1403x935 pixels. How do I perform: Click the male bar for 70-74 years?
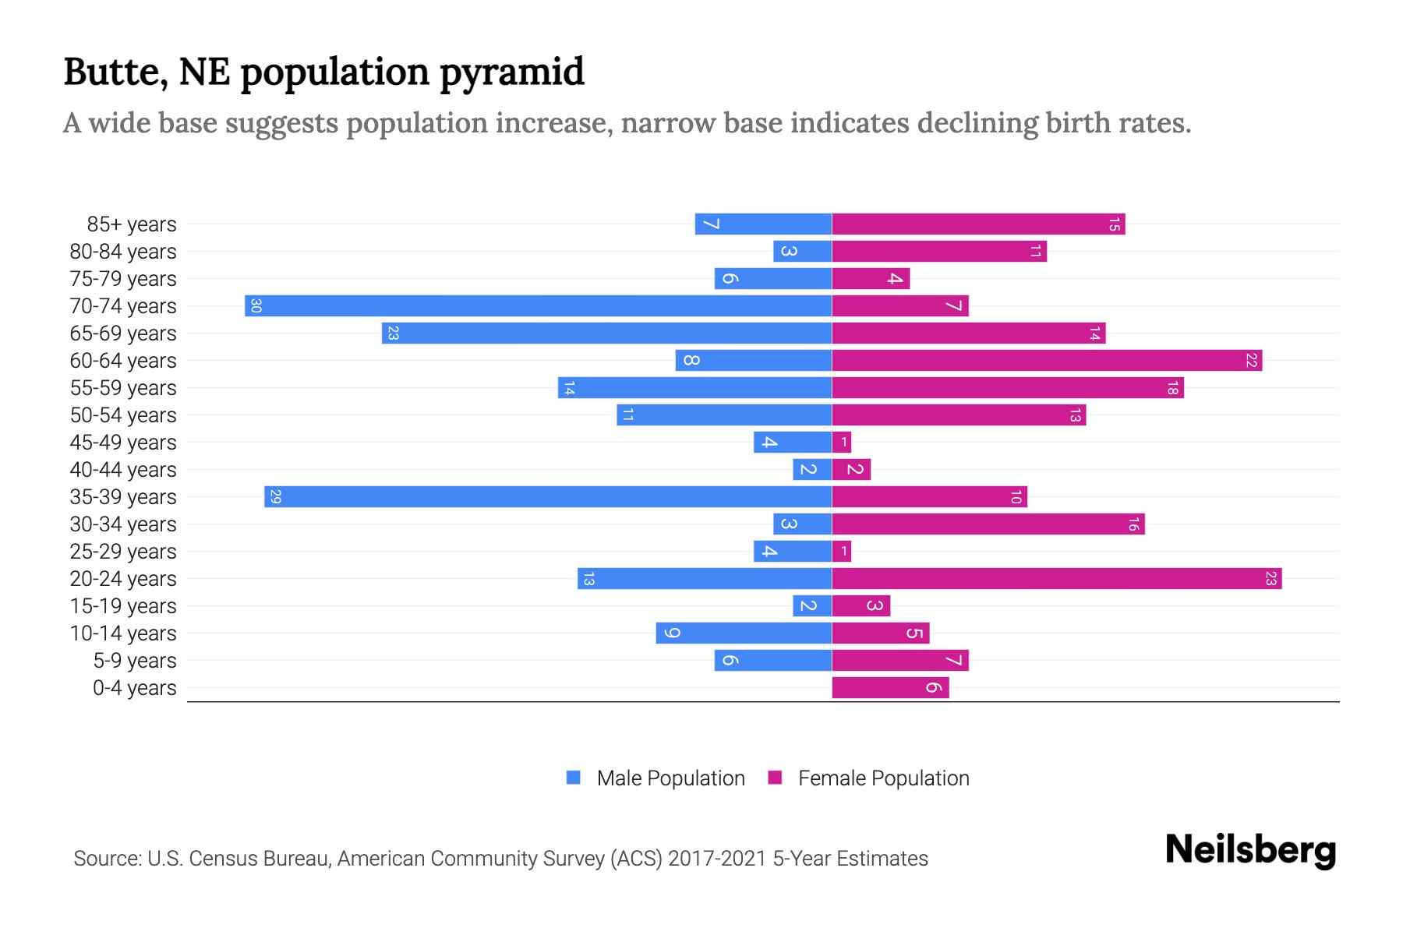[x=538, y=305]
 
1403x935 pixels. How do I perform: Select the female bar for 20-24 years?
[x=1056, y=578]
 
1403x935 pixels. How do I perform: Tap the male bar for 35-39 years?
[x=548, y=496]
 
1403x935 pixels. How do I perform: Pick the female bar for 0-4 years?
[x=890, y=687]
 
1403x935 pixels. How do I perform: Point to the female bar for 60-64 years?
[x=1047, y=360]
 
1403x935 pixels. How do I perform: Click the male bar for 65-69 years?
[x=606, y=333]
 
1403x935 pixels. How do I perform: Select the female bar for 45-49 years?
[x=842, y=442]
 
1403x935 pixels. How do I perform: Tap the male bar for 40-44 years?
[x=812, y=469]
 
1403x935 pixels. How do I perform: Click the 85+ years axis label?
[x=132, y=224]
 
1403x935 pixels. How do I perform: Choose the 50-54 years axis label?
[x=123, y=415]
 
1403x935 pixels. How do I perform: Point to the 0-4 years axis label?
[x=134, y=688]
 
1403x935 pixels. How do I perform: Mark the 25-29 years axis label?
[x=123, y=552]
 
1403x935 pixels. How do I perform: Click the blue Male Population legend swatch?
[x=574, y=778]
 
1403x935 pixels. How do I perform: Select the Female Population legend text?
[x=883, y=778]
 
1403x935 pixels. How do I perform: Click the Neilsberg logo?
[x=1250, y=850]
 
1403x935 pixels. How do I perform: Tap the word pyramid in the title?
[x=511, y=72]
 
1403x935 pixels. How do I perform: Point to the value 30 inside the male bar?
[x=256, y=305]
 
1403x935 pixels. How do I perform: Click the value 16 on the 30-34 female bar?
[x=1133, y=524]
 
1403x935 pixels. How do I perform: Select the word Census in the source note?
[x=222, y=859]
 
